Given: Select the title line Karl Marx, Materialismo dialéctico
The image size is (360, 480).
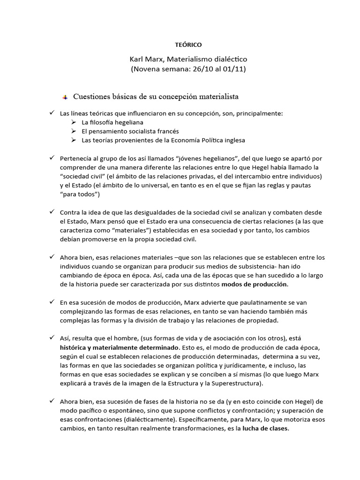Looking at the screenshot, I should click(x=188, y=60).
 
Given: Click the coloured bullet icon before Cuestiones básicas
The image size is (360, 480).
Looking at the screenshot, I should click(x=65, y=97).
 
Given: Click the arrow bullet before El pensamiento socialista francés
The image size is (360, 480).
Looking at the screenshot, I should click(x=73, y=131).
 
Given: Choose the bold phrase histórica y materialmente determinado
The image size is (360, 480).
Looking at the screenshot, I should click(x=119, y=347).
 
